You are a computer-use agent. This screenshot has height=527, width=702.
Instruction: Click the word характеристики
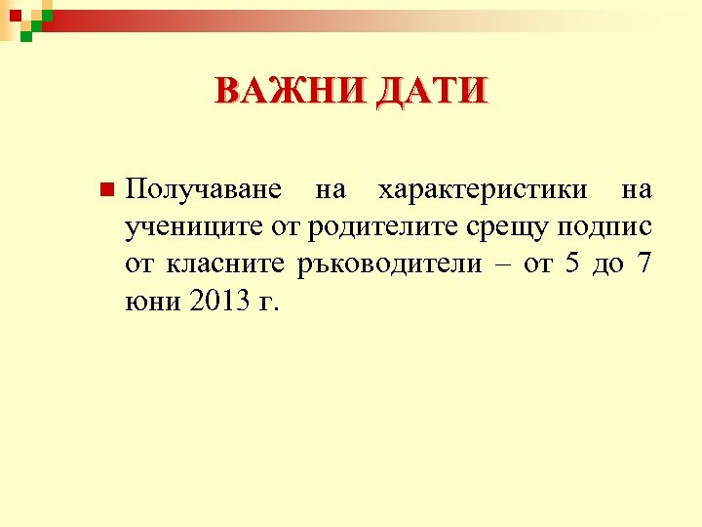(x=483, y=188)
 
